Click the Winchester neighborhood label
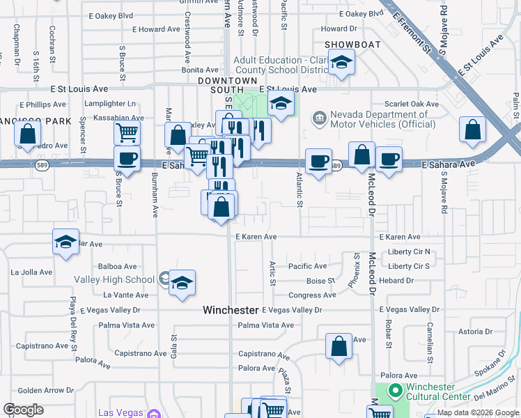pos(230,309)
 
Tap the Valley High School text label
pos(114,279)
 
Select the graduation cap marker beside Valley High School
pos(182,283)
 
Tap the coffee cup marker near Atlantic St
pos(319,161)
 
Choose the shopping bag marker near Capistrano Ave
pos(339,345)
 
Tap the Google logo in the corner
pos(23,410)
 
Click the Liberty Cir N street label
pos(410,251)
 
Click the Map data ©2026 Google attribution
pos(478,412)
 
